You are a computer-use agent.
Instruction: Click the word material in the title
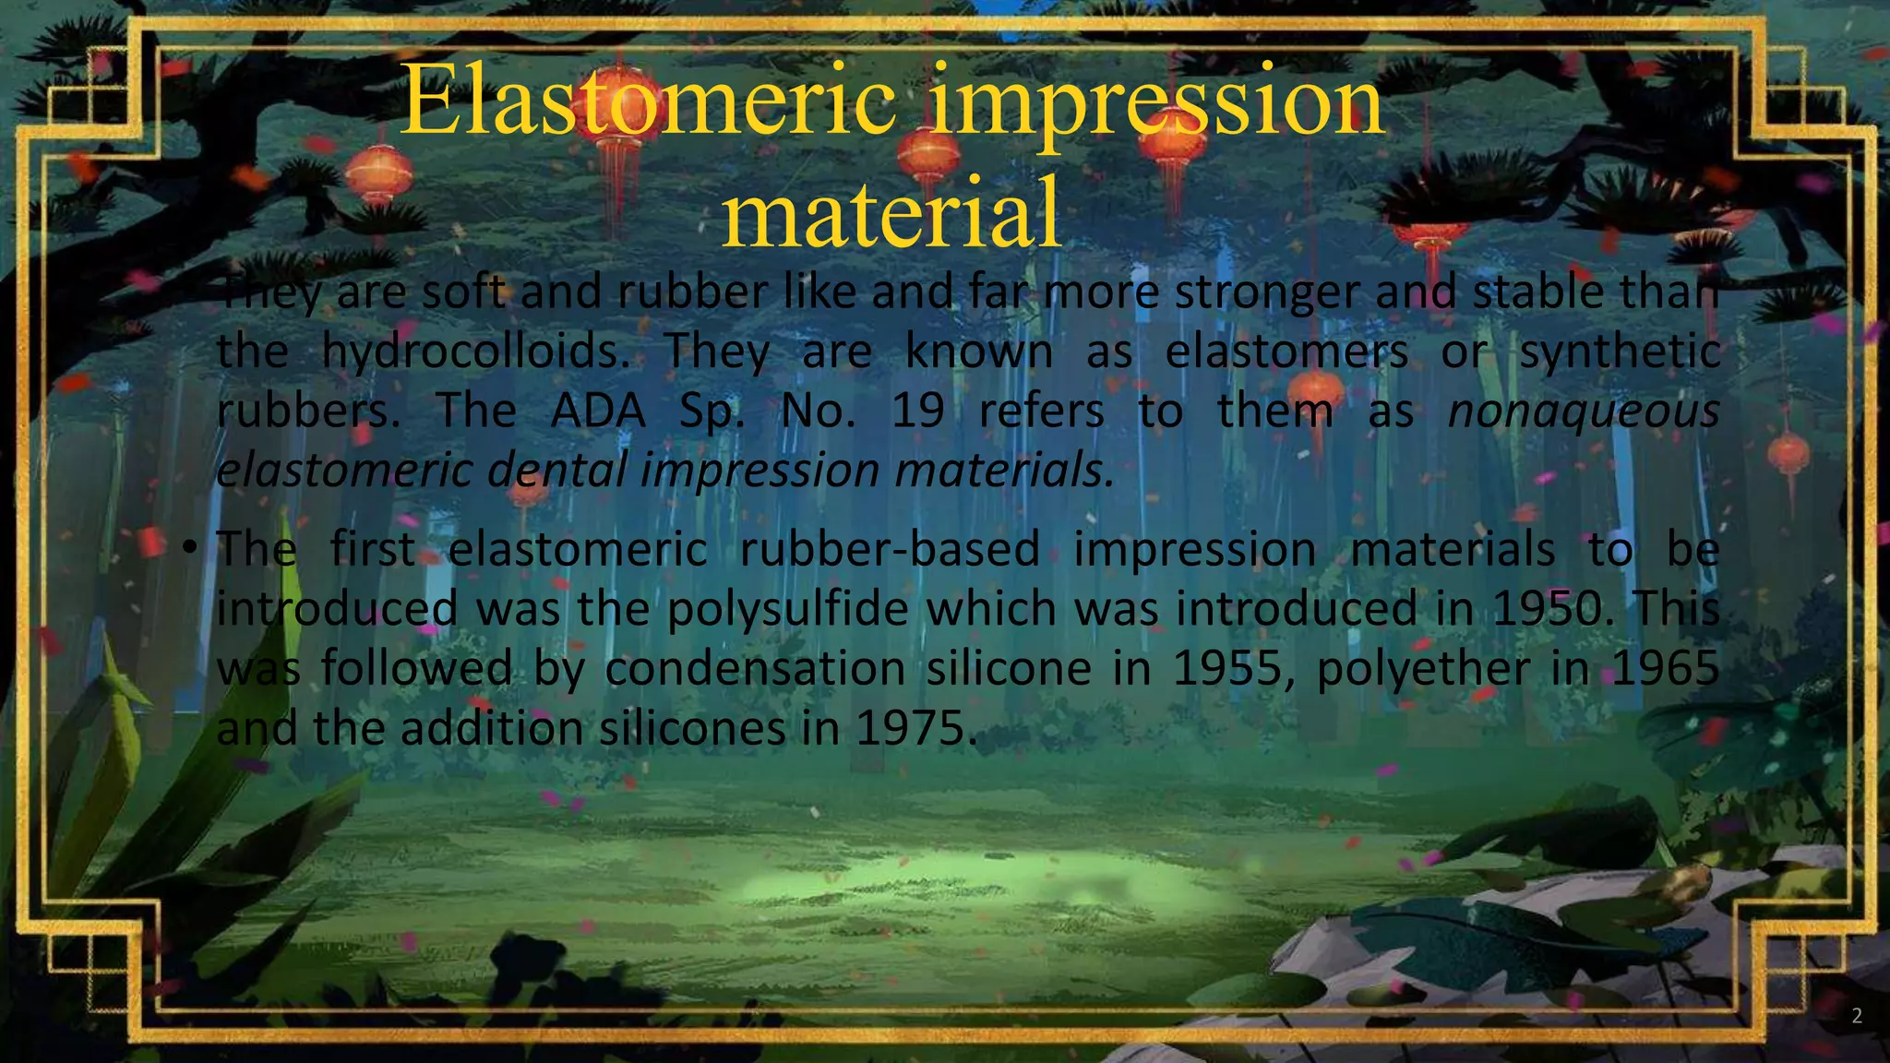point(891,214)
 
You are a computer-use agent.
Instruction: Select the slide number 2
point(1857,1017)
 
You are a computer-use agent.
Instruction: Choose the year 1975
point(910,729)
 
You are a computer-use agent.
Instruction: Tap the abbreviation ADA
point(598,412)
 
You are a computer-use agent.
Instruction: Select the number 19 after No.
point(917,412)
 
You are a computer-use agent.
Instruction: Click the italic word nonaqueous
point(1583,412)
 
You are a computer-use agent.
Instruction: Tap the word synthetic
point(1620,352)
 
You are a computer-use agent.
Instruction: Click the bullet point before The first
point(189,549)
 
